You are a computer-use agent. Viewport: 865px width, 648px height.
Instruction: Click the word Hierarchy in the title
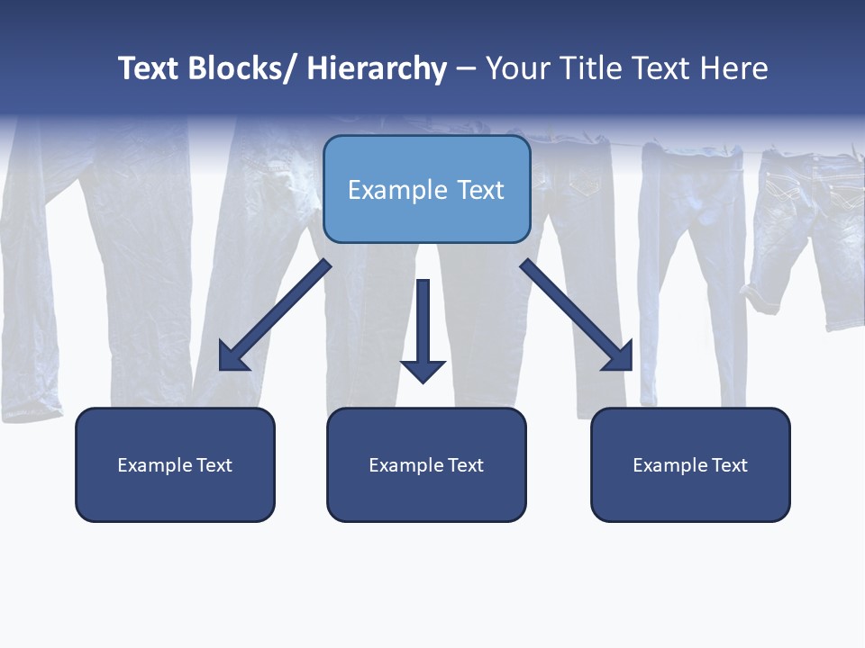[377, 68]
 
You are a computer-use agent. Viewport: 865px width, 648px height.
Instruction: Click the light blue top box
[426, 189]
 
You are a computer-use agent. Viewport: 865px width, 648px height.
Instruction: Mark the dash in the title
[466, 68]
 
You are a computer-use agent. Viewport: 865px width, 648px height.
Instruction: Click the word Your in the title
[517, 68]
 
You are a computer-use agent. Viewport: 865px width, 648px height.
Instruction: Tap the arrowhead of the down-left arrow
[234, 356]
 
